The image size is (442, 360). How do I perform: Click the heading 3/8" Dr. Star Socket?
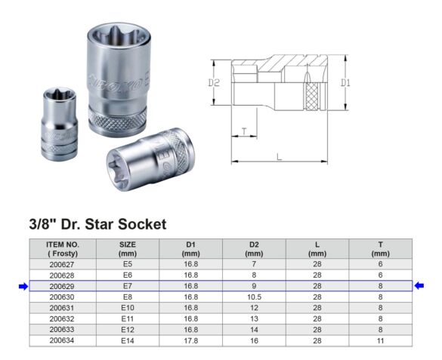[97, 224]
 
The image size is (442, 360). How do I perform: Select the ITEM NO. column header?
[62, 249]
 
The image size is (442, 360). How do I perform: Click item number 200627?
[62, 265]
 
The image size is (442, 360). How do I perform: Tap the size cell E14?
[127, 340]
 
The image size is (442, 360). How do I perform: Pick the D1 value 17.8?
[191, 340]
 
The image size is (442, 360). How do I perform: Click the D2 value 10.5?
[254, 297]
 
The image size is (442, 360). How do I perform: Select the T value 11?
[380, 340]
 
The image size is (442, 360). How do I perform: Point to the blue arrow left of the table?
[23, 286]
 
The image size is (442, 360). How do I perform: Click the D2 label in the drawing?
[214, 82]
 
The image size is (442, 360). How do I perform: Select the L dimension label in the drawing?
[280, 156]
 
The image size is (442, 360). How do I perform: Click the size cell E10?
[127, 308]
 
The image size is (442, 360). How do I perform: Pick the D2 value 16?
[254, 340]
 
